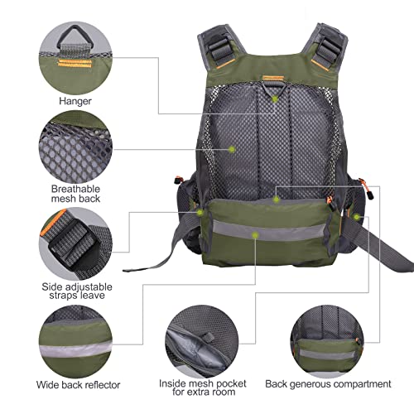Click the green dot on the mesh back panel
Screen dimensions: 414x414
tap(233, 148)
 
